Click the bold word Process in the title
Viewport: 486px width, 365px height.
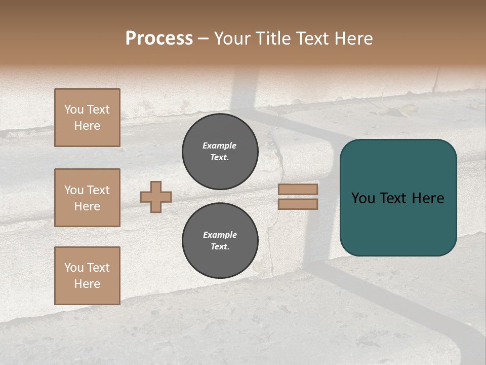coord(159,39)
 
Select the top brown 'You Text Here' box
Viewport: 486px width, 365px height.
coord(87,118)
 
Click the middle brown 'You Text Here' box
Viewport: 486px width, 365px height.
coord(87,198)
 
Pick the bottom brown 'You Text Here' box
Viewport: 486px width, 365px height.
coord(87,276)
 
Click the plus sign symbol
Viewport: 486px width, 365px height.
coord(156,197)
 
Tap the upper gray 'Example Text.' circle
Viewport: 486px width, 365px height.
coord(220,152)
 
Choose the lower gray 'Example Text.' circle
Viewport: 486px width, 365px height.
coord(220,241)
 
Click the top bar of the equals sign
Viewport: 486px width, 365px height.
coord(298,189)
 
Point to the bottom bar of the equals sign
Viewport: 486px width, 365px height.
coord(298,204)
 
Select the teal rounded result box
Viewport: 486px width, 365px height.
coord(398,198)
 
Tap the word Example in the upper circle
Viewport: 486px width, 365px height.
coord(220,145)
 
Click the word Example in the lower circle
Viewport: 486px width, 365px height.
coord(220,235)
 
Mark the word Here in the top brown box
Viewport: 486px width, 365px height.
coord(87,126)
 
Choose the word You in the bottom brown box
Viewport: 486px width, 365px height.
coord(74,268)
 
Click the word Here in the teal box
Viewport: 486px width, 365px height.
coord(428,198)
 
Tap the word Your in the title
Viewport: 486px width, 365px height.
coord(232,39)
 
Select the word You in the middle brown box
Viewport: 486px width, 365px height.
coord(74,190)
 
